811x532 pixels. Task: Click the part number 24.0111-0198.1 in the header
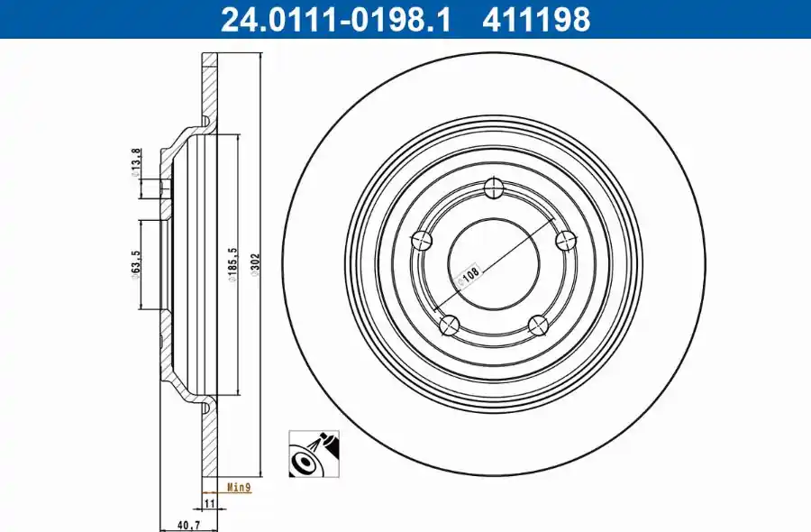click(336, 20)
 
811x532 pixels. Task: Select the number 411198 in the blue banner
click(536, 20)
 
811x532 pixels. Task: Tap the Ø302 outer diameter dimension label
click(254, 264)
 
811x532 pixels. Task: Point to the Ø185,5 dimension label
click(232, 264)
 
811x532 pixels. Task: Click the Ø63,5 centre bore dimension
click(135, 265)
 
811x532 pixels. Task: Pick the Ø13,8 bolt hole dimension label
click(135, 163)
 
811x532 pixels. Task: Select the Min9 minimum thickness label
click(239, 488)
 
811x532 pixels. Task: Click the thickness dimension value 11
click(209, 503)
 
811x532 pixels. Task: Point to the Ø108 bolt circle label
click(468, 276)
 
